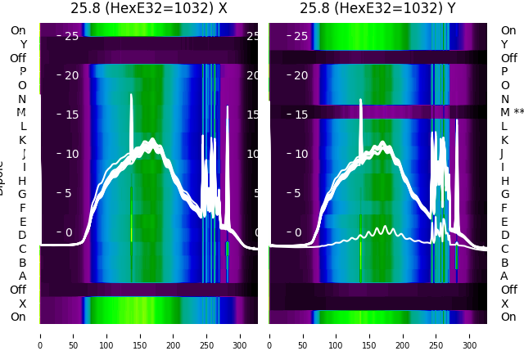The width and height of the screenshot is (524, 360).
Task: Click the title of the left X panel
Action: (x=148, y=8)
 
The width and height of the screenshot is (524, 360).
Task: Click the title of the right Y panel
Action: (x=378, y=8)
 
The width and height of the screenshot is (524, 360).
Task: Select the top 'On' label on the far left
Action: (x=18, y=30)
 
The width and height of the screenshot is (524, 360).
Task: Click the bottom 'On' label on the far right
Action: (x=508, y=317)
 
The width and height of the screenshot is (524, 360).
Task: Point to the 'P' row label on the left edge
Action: (x=22, y=71)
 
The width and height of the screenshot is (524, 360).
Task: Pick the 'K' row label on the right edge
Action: (x=504, y=140)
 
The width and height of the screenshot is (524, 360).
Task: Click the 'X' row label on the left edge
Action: (x=22, y=303)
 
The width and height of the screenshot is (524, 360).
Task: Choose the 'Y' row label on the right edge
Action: (x=504, y=44)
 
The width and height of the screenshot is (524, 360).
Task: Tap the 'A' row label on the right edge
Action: (x=504, y=276)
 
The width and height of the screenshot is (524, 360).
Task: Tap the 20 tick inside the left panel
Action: (x=72, y=75)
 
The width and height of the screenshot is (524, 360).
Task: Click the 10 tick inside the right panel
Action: (x=301, y=154)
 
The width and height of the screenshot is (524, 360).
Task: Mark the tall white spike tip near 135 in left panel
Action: (x=131, y=95)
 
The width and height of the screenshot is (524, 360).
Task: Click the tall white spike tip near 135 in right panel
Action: (x=360, y=101)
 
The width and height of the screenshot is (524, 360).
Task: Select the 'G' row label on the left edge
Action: (x=22, y=194)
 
